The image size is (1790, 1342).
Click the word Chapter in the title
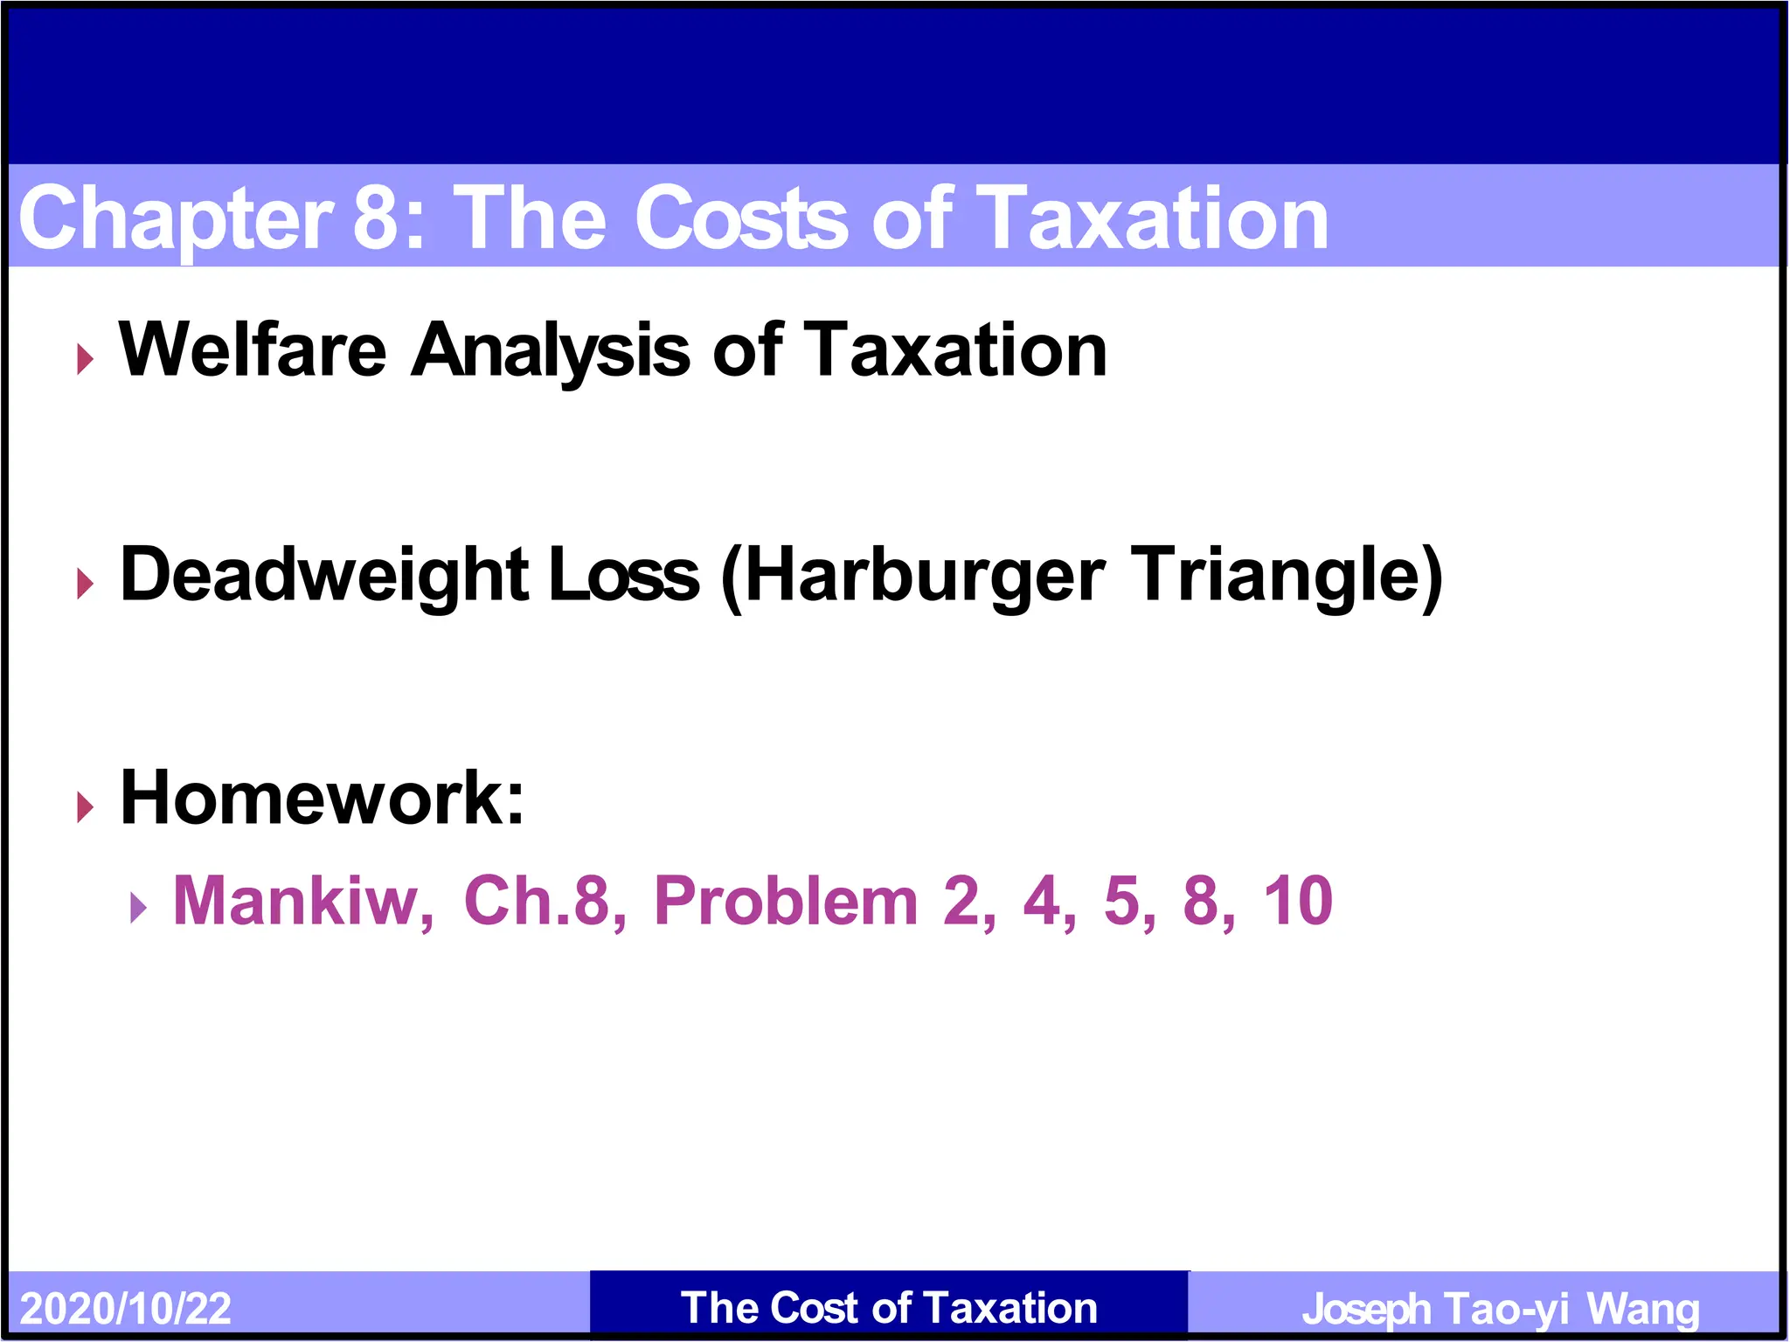click(x=175, y=218)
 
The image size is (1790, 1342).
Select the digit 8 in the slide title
click(x=376, y=218)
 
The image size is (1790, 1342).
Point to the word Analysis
click(x=551, y=352)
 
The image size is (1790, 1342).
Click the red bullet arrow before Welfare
click(x=85, y=358)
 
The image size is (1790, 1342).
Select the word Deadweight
click(x=323, y=576)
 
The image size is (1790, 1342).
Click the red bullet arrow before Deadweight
click(x=85, y=583)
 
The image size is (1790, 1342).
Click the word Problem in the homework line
click(x=786, y=901)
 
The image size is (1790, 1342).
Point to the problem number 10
click(x=1298, y=901)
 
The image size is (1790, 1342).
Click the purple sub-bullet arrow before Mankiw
click(x=138, y=908)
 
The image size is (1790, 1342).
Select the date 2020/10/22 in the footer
click(x=126, y=1309)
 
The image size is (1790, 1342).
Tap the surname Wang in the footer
click(x=1643, y=1309)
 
